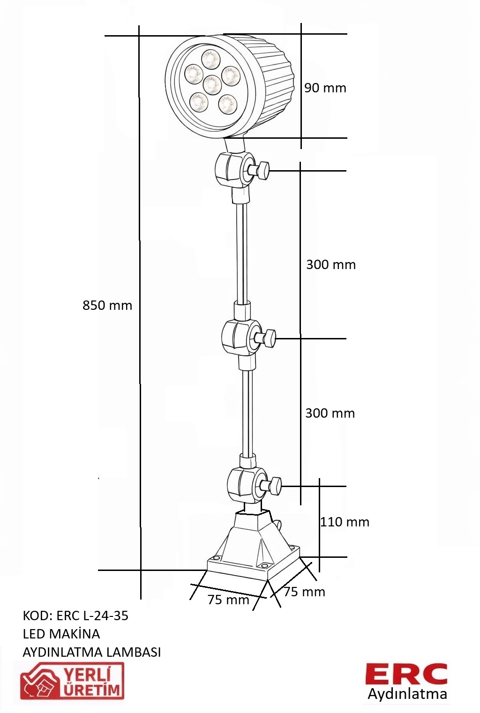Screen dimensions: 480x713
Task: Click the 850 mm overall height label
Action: [x=107, y=305]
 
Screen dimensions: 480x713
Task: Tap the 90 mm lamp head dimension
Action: [x=325, y=88]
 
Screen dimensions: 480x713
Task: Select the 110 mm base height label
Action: [x=345, y=522]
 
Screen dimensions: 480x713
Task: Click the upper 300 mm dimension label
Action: [x=331, y=264]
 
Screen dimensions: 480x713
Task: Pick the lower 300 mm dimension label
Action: [x=330, y=413]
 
